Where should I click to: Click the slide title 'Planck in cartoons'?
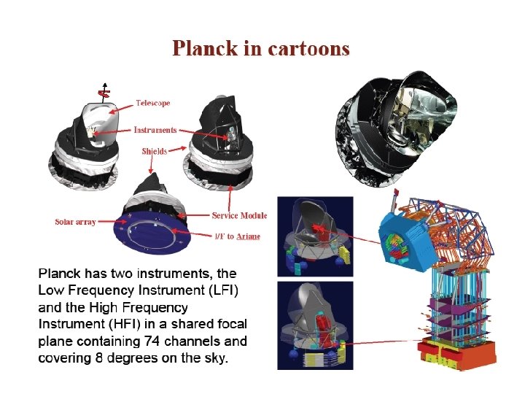pos(261,49)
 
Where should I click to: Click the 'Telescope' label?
pos(152,103)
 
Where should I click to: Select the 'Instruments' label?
pos(155,130)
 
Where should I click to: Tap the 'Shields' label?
pos(154,151)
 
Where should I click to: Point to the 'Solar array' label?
pos(75,222)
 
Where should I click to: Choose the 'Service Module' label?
pos(239,215)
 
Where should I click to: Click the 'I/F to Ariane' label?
pos(238,236)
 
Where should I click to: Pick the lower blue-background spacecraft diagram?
pos(314,325)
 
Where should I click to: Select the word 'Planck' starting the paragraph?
pos(59,274)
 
